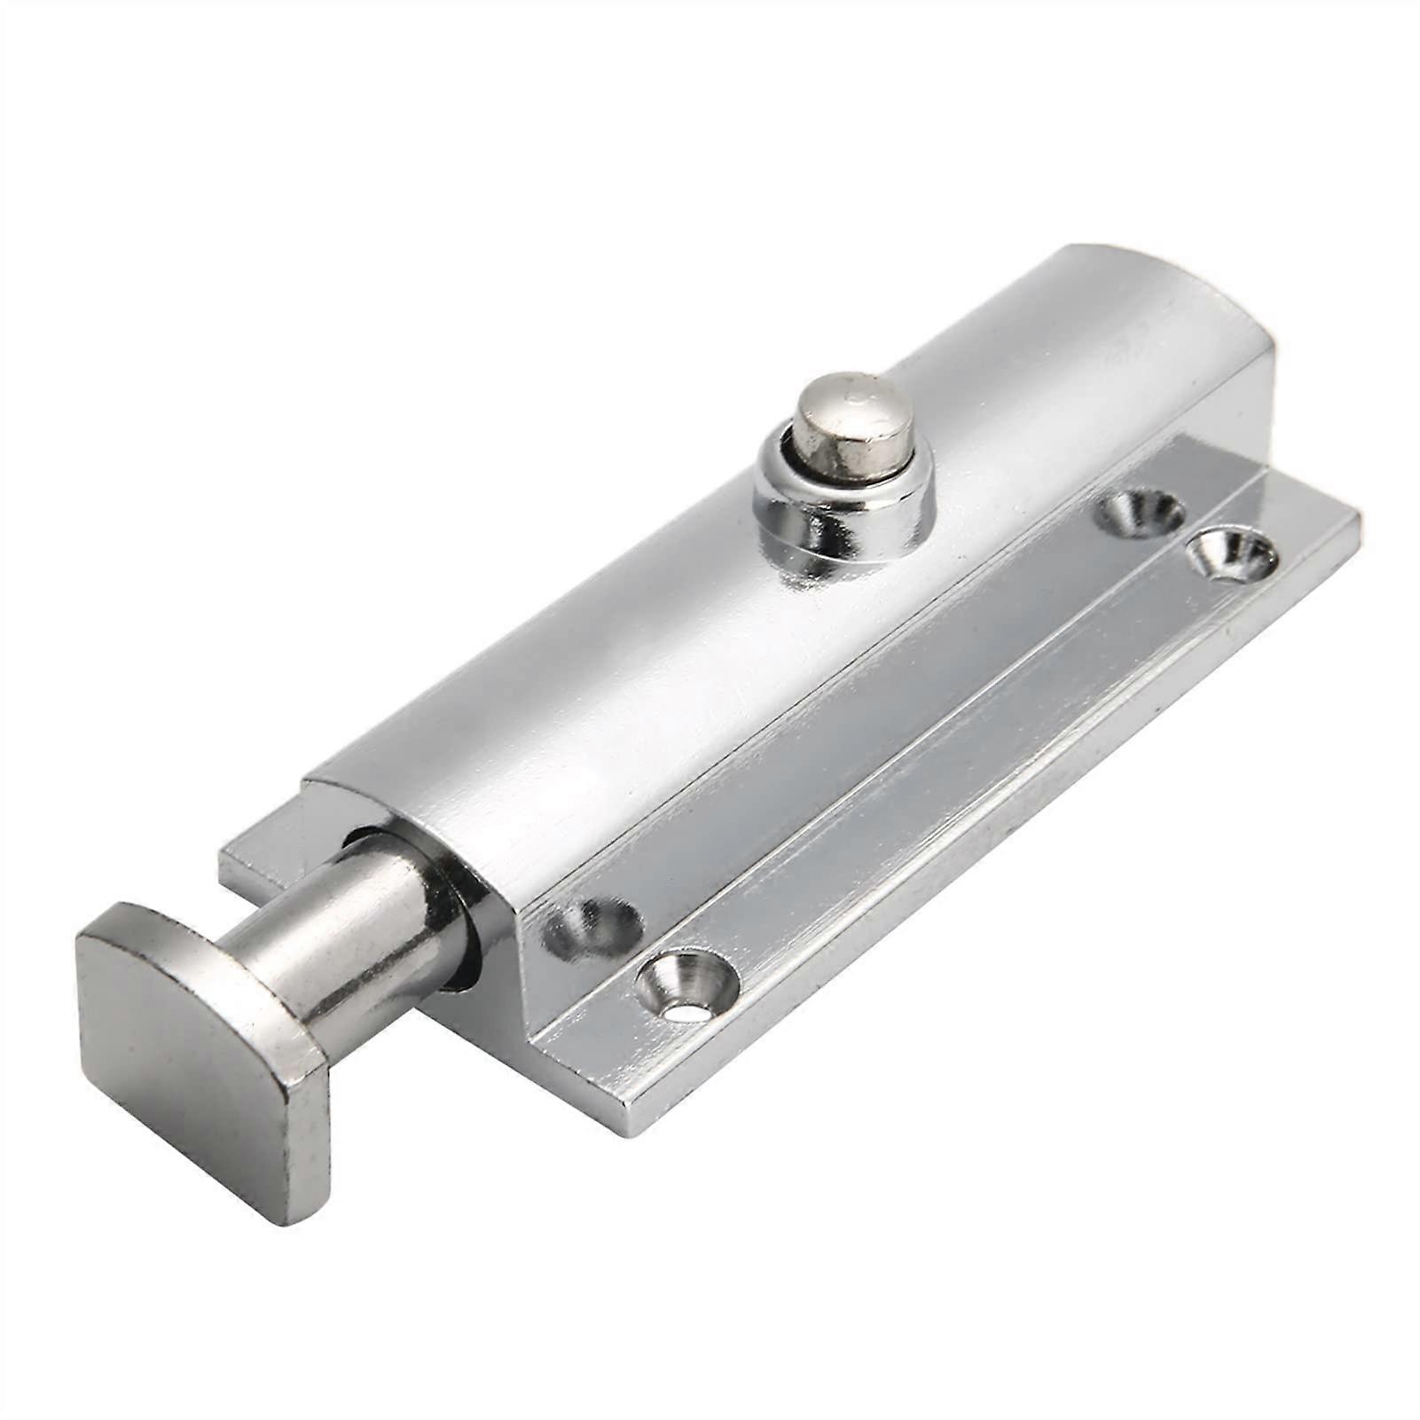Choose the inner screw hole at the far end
pos(1140,509)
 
